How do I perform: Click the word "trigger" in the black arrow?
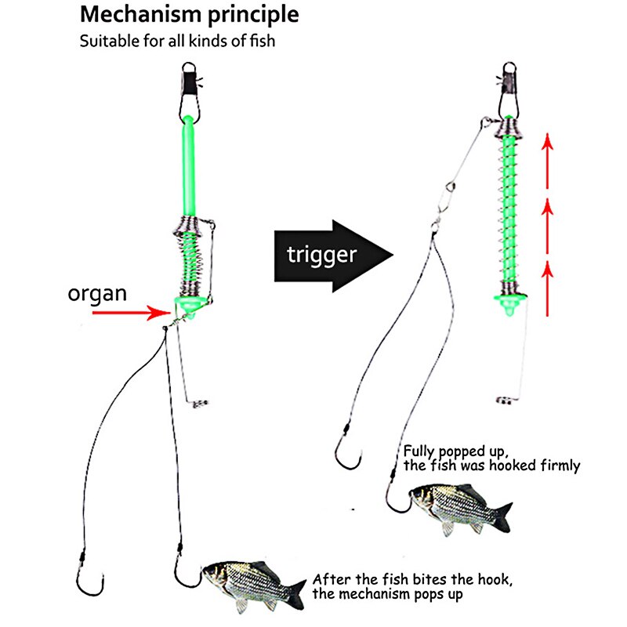click(321, 254)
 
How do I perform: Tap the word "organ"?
click(98, 294)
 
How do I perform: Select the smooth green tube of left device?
click(188, 165)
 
